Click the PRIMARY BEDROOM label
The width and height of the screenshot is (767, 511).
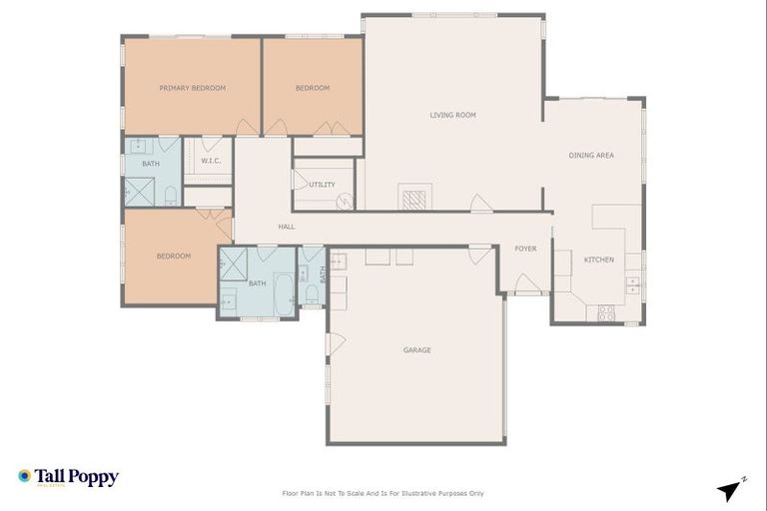(x=192, y=88)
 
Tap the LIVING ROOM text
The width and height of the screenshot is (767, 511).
(x=452, y=115)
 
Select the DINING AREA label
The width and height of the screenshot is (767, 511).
(x=590, y=155)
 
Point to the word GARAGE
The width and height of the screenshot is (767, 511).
(x=416, y=349)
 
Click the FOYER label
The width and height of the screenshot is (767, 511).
(x=525, y=249)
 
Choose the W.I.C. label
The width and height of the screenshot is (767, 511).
(x=210, y=161)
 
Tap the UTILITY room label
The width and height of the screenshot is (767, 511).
(x=322, y=185)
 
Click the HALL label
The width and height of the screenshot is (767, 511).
(x=287, y=227)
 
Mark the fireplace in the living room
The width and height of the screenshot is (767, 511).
(x=413, y=197)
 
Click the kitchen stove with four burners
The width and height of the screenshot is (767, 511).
(x=606, y=312)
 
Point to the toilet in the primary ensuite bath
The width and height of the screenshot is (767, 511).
(x=170, y=194)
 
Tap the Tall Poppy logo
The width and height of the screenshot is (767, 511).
(x=68, y=477)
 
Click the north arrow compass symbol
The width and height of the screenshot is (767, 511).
(x=731, y=489)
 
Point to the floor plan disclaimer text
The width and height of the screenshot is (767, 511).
(x=383, y=493)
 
